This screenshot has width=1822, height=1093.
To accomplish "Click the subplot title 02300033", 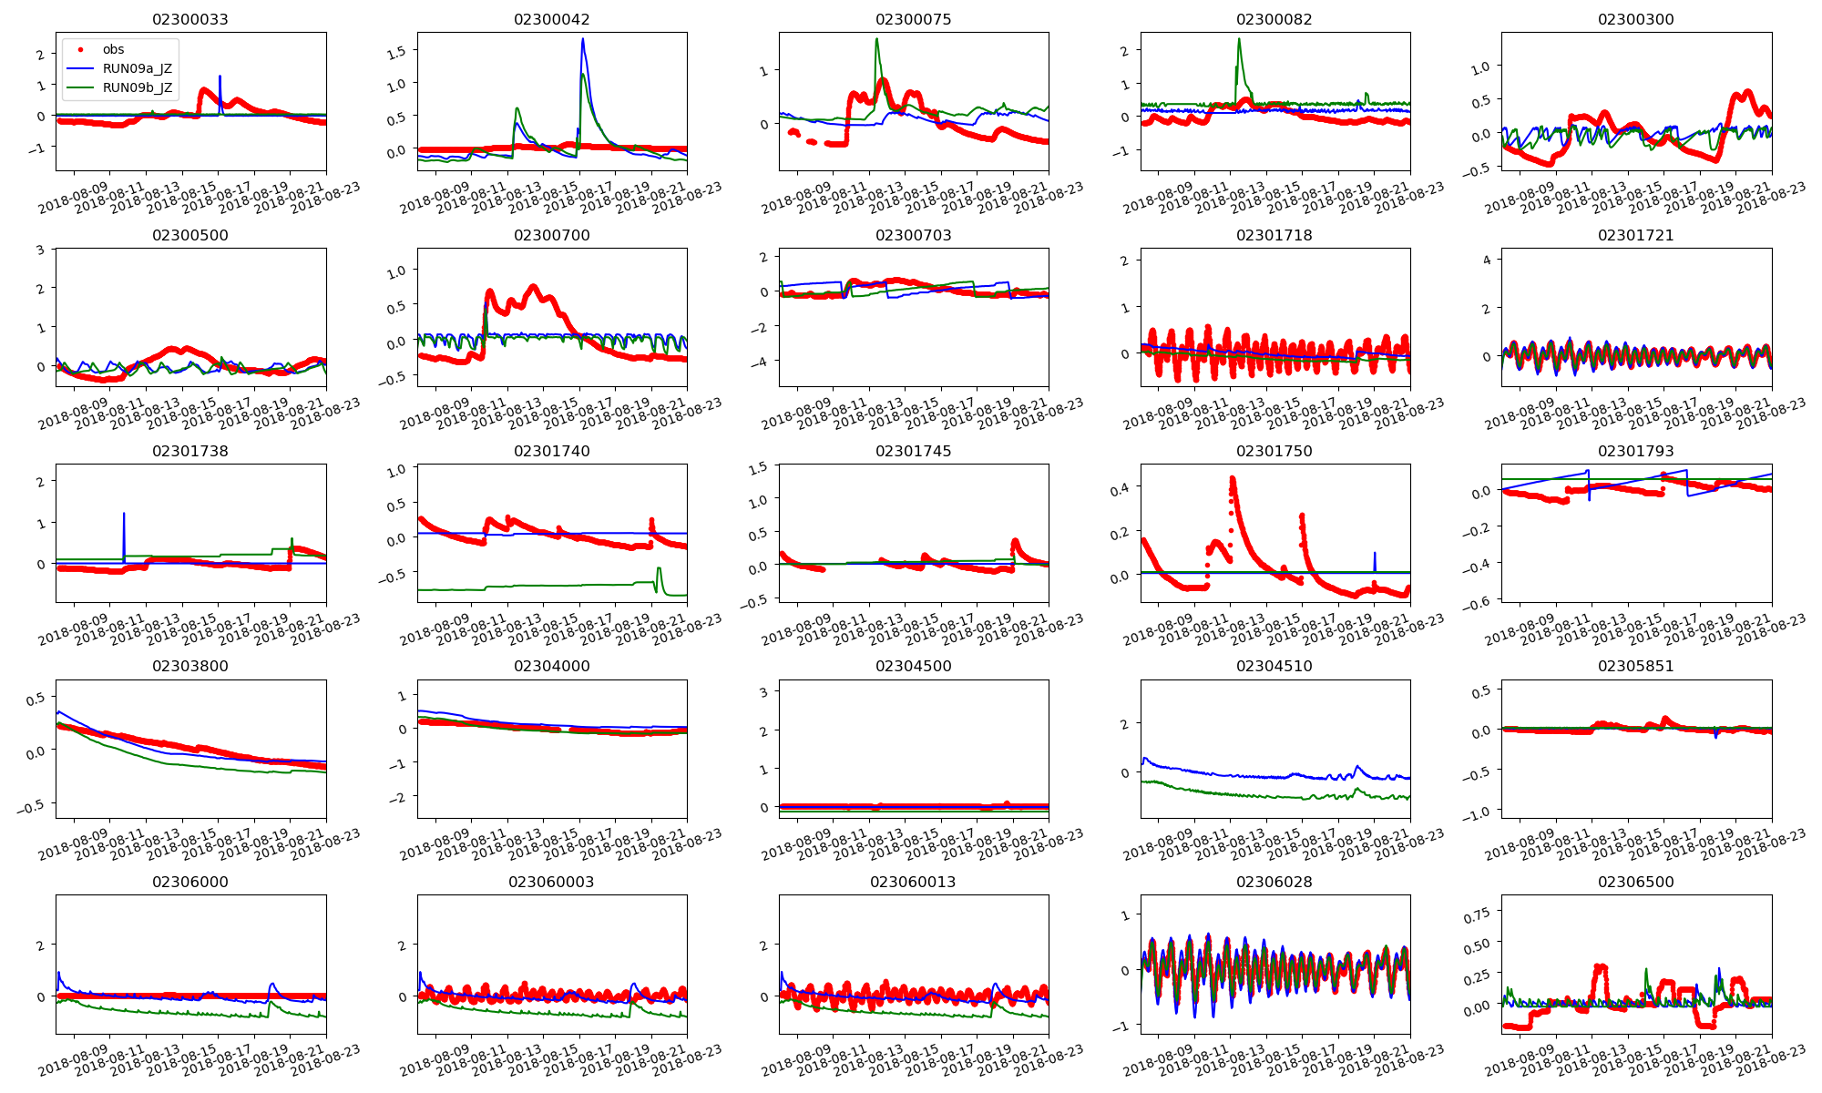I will click(x=189, y=19).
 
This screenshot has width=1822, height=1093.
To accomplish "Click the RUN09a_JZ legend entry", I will click(x=137, y=68).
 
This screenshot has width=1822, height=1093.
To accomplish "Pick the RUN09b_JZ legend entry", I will click(x=137, y=87).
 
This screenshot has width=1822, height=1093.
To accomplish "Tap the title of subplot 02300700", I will click(x=551, y=235).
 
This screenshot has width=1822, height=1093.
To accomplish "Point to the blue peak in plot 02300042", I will click(x=583, y=39).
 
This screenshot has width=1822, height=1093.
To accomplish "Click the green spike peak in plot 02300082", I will click(x=1239, y=39).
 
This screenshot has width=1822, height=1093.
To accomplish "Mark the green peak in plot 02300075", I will click(x=876, y=39).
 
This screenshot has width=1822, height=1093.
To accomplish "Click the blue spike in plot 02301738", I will click(x=124, y=515).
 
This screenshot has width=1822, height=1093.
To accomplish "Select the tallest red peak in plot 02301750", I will click(x=1232, y=477).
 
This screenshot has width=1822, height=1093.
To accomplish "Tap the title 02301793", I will click(x=1635, y=451).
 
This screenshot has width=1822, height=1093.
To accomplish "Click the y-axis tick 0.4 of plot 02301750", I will click(x=1120, y=489).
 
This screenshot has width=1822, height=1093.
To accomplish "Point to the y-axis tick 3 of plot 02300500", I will click(x=40, y=250).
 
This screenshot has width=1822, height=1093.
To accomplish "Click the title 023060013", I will click(x=913, y=882).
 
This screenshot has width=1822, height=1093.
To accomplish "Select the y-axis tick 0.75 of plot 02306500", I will click(x=1476, y=913).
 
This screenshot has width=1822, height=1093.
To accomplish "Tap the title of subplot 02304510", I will click(x=1274, y=666).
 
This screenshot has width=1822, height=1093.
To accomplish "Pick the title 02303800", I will click(x=189, y=666).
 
